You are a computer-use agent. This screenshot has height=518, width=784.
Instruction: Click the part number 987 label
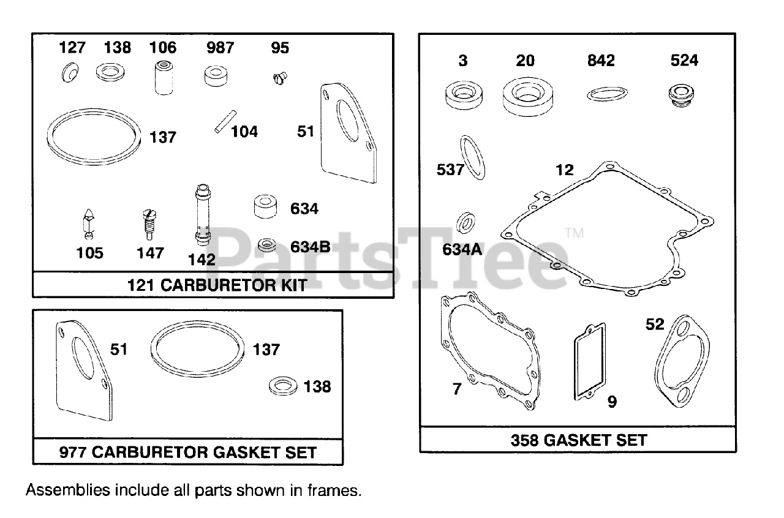pos(220,48)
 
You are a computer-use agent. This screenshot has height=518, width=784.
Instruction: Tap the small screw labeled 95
pos(280,78)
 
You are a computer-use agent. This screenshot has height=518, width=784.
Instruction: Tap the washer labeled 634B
pos(266,246)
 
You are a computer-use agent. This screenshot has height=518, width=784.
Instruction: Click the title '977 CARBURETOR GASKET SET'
pos(188,452)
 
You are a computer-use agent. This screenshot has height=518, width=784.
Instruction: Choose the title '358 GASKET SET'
pos(578,440)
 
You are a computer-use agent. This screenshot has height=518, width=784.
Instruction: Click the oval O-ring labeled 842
pos(607,94)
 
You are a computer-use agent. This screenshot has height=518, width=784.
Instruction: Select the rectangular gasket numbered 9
pos(590,361)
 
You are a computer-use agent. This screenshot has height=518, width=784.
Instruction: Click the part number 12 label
pos(565,170)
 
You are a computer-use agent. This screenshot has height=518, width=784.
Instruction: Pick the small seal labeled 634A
pos(467,222)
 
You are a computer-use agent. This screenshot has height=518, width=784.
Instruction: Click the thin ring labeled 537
pos(472,157)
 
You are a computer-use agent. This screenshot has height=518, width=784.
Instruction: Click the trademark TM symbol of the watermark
pos(574,233)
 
